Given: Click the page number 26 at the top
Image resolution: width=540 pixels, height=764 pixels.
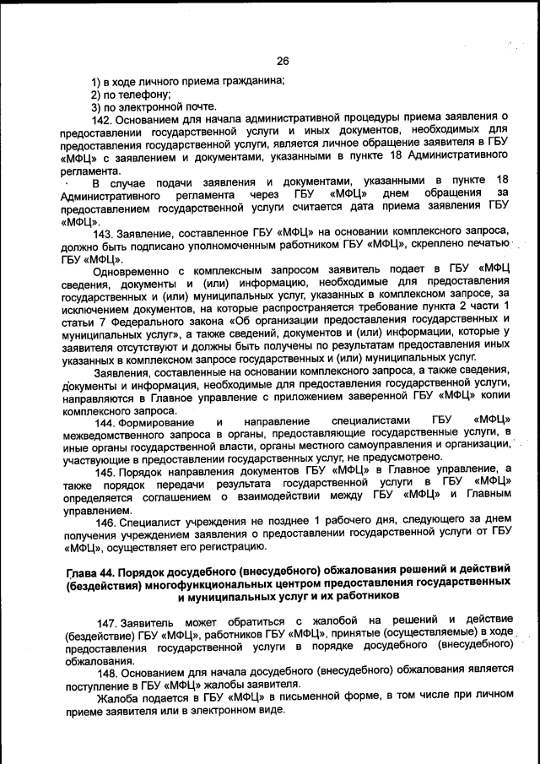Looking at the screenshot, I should coord(283,60).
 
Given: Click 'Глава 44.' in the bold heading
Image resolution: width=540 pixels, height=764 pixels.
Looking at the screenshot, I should coord(94,573).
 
